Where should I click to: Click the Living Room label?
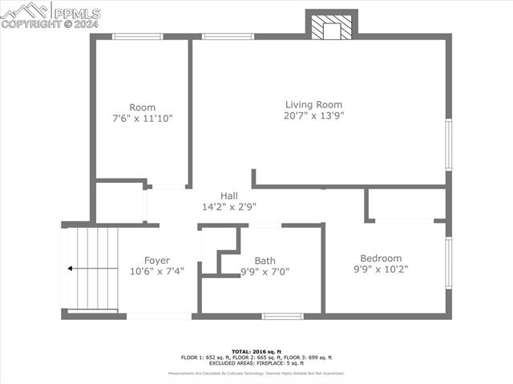(313, 104)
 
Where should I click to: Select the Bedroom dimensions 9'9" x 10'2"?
(380, 270)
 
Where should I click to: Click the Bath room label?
(265, 261)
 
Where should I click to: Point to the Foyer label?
(156, 261)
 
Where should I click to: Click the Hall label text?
(229, 196)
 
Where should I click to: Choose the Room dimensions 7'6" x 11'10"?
(142, 119)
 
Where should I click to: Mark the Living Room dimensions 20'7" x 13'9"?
(313, 115)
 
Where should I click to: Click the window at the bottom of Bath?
(282, 316)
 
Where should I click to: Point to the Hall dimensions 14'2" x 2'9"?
(229, 207)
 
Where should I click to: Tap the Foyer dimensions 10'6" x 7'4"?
(156, 272)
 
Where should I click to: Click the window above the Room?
(137, 36)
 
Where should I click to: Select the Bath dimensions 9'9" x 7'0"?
(265, 272)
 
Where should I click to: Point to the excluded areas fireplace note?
(256, 363)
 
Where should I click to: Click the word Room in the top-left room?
(142, 107)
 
